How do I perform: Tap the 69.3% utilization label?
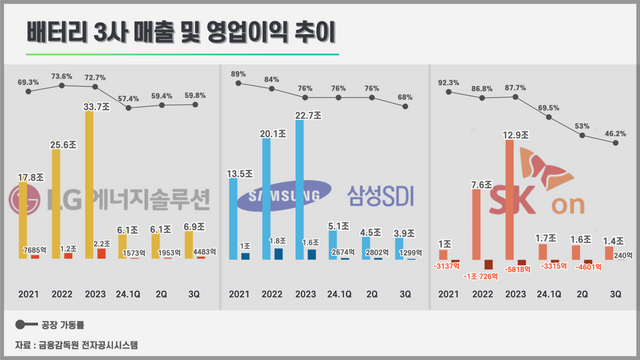pos(28,82)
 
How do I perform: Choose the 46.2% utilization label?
pos(613,132)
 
